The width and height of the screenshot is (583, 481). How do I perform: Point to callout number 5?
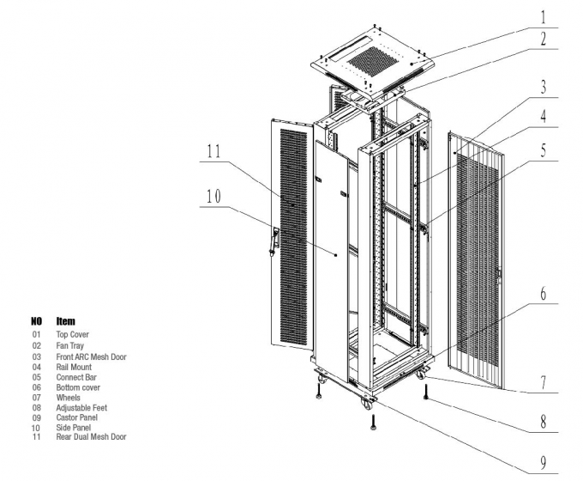click(541, 146)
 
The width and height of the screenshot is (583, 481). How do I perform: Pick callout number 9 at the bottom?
click(541, 462)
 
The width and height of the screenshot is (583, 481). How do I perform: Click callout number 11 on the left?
click(215, 152)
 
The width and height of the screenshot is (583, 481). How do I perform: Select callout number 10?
click(215, 196)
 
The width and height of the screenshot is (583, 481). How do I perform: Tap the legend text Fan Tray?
click(70, 345)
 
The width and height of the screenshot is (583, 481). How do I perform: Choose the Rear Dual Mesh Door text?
click(91, 437)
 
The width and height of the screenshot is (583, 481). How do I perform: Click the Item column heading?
click(66, 321)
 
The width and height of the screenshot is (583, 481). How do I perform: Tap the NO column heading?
click(37, 321)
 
